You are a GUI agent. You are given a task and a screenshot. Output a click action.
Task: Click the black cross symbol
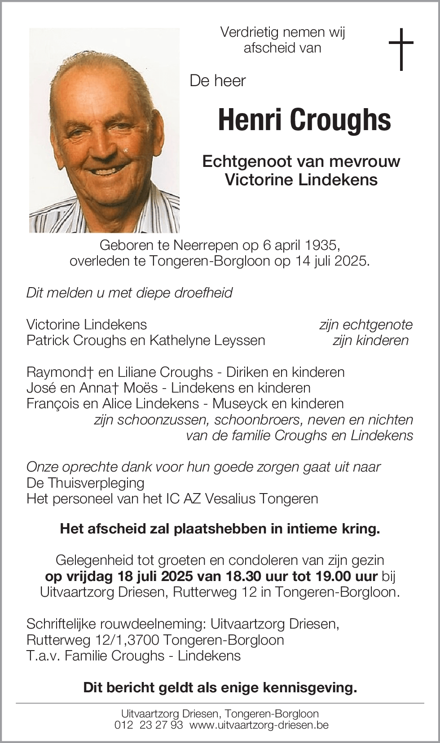tap(400, 49)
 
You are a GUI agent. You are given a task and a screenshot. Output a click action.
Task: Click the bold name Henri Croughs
tap(304, 120)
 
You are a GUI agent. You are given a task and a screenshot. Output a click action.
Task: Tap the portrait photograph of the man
tap(104, 130)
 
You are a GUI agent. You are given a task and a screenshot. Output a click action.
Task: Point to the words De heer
tap(218, 81)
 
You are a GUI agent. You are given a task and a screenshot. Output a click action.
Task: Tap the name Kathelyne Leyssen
tap(207, 340)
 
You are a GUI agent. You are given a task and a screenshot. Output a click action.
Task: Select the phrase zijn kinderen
tap(370, 340)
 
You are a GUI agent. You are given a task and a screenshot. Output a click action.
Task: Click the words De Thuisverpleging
tap(85, 483)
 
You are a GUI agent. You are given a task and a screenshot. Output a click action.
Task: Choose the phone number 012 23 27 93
tap(149, 725)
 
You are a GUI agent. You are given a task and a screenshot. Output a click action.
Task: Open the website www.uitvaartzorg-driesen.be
tap(259, 725)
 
